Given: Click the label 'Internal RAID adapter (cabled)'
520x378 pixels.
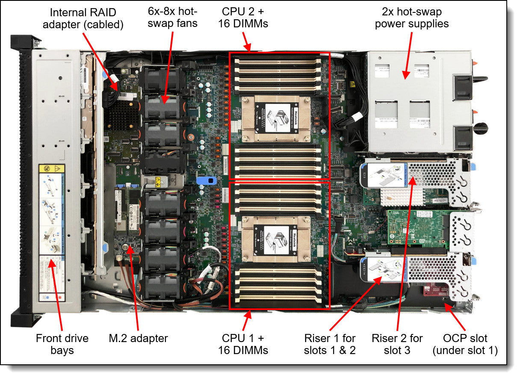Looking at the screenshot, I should coord(86,18).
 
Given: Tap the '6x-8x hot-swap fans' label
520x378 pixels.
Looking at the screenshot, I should coord(172,18).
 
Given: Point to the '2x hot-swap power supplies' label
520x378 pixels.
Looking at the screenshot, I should coord(412,18).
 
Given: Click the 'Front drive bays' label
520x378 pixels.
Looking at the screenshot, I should coord(62,344).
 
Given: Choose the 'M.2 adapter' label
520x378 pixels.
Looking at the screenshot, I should coord(138,339).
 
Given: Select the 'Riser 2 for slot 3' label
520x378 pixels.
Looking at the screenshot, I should coord(397,344).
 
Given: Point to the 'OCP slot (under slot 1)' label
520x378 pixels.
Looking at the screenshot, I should coord(465,344).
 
